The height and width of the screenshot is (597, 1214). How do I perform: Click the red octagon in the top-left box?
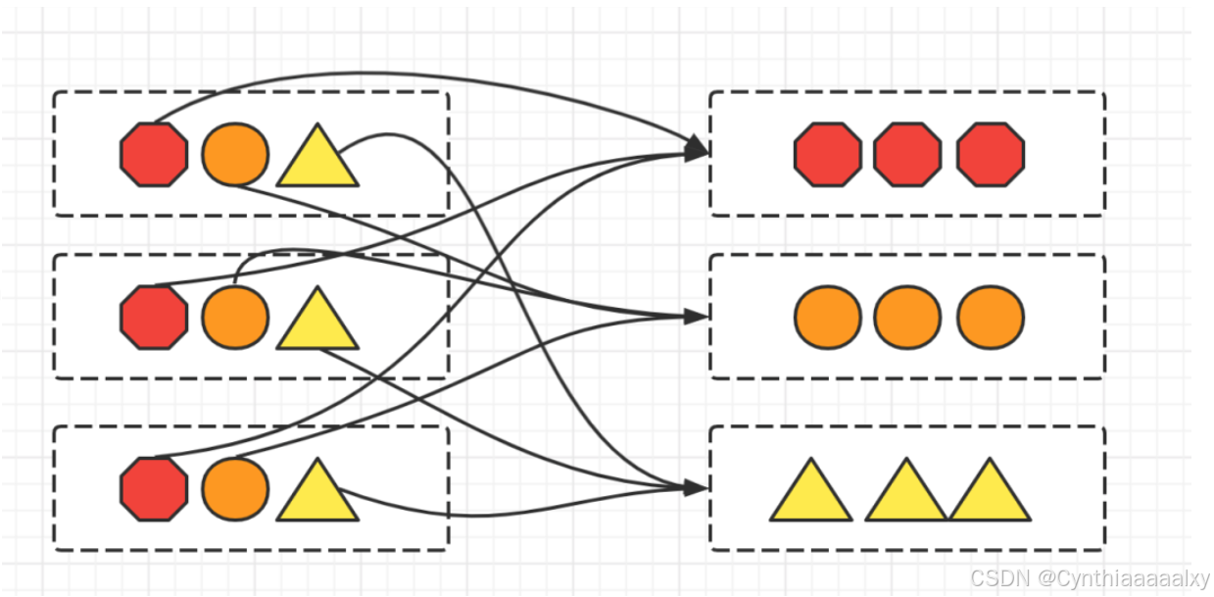(x=154, y=154)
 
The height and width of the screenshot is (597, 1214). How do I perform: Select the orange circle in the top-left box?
(x=235, y=154)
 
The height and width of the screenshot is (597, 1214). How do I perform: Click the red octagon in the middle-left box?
(x=154, y=318)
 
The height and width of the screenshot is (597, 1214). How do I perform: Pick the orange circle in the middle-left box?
(x=235, y=318)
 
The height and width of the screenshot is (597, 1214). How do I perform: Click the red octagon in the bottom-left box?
(x=154, y=488)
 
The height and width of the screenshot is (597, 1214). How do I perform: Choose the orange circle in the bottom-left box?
(x=235, y=488)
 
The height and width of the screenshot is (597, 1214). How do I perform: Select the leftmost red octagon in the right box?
(x=828, y=154)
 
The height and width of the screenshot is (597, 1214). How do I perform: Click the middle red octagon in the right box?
(x=907, y=154)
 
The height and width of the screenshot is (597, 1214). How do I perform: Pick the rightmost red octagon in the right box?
(x=991, y=154)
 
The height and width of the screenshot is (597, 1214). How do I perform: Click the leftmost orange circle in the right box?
(x=828, y=318)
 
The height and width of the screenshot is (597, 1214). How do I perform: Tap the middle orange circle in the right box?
(x=907, y=318)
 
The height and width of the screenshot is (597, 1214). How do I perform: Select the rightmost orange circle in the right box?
(x=991, y=318)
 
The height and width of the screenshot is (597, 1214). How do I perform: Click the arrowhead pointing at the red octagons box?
(x=697, y=149)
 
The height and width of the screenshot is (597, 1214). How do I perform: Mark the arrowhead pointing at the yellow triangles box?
(x=697, y=487)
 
